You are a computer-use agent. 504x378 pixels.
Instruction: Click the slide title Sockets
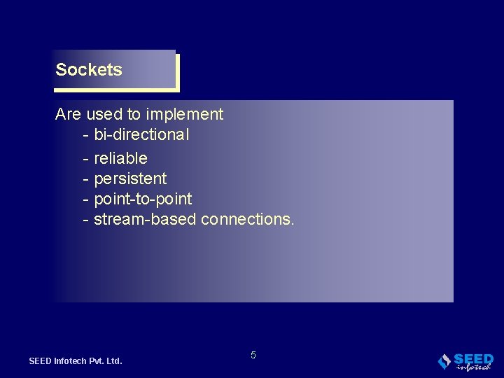tap(89, 70)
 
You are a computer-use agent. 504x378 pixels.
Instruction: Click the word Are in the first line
tap(69, 114)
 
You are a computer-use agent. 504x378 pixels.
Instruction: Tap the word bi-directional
tap(141, 134)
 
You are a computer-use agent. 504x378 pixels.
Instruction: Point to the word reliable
tap(120, 158)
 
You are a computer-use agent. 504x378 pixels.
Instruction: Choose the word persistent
tap(130, 178)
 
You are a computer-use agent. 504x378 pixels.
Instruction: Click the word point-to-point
tap(143, 199)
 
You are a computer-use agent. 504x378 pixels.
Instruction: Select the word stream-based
tap(145, 219)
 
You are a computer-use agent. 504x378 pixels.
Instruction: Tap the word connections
tap(248, 219)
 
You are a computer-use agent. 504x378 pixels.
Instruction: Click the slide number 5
tap(253, 355)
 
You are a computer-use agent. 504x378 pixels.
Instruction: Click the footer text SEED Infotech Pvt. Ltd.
tap(76, 361)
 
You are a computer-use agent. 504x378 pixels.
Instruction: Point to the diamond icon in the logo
tap(444, 361)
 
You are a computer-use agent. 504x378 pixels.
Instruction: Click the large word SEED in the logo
tap(474, 358)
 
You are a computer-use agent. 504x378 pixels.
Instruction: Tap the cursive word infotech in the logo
tap(473, 367)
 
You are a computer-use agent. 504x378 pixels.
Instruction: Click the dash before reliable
tap(85, 159)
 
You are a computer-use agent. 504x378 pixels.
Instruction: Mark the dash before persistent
tap(85, 179)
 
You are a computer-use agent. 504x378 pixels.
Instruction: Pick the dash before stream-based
tap(85, 220)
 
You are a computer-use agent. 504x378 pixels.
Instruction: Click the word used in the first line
tap(104, 114)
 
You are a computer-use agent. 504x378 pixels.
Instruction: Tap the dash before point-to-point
tap(85, 199)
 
